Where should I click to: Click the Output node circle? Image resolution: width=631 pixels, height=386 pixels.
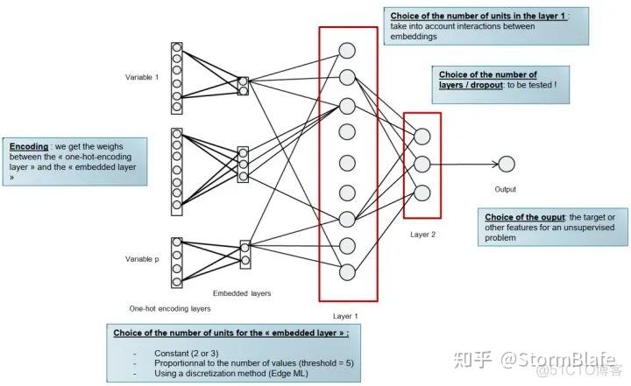click(x=506, y=164)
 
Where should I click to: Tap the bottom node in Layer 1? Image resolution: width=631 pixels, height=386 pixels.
click(x=347, y=271)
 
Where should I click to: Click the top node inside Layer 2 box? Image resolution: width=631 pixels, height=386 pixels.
click(x=422, y=136)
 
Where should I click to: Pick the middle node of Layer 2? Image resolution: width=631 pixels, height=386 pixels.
click(x=422, y=164)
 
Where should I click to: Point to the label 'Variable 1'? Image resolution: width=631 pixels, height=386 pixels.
click(x=142, y=77)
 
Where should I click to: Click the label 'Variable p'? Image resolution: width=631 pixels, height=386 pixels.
click(x=142, y=259)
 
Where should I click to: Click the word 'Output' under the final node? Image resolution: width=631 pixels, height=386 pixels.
click(x=506, y=189)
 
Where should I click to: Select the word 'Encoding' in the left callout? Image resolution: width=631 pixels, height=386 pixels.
click(x=28, y=146)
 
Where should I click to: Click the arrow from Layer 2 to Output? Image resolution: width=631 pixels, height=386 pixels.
click(x=464, y=164)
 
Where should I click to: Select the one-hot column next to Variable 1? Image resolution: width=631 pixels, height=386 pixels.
click(x=177, y=77)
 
